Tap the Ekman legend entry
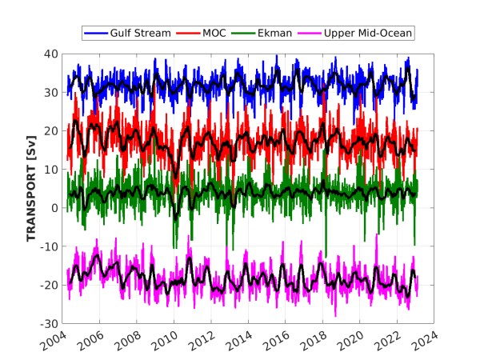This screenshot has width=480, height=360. click(277, 33)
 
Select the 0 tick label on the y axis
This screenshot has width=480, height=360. click(53, 208)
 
